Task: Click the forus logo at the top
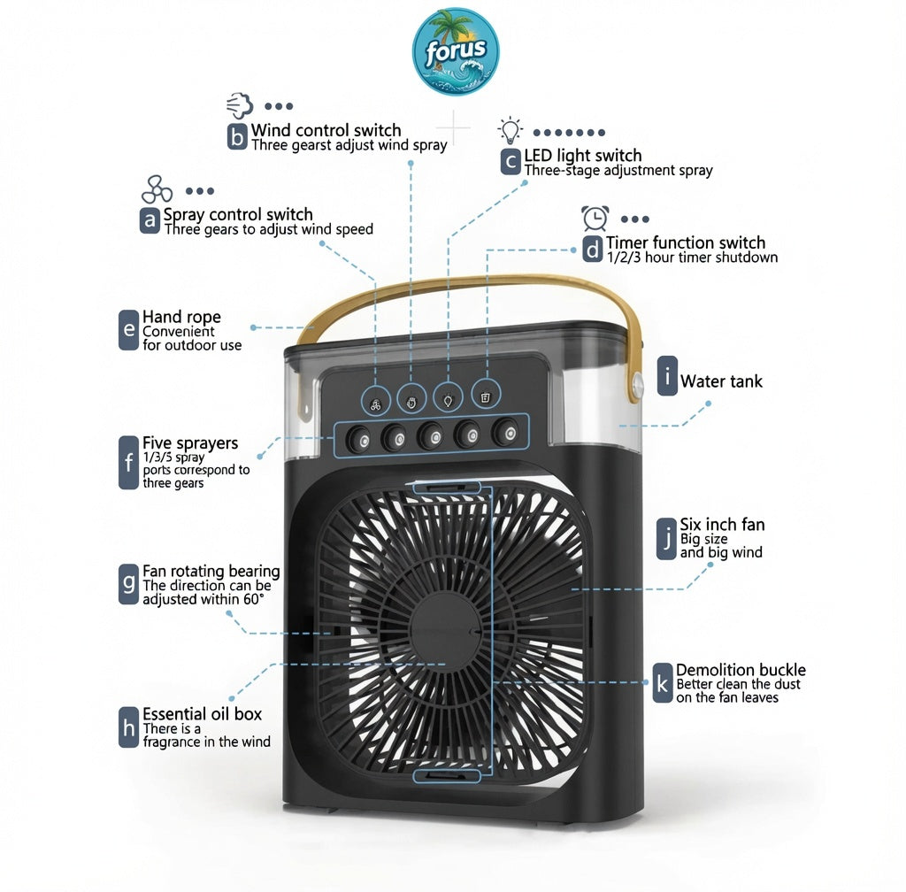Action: pyautogui.click(x=456, y=51)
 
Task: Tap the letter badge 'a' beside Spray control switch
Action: pyautogui.click(x=150, y=220)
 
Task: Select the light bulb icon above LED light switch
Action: pyautogui.click(x=511, y=131)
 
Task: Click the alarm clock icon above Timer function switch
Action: pyautogui.click(x=595, y=218)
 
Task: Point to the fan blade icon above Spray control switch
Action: pyautogui.click(x=157, y=189)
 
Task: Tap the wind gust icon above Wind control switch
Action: pyautogui.click(x=240, y=105)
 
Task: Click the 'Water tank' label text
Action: pyautogui.click(x=721, y=381)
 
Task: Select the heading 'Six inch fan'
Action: pyautogui.click(x=722, y=524)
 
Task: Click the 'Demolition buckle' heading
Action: pyautogui.click(x=741, y=670)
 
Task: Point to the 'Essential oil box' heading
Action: pyautogui.click(x=203, y=714)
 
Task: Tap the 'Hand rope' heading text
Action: pyautogui.click(x=181, y=317)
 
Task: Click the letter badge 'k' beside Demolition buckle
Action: pyautogui.click(x=662, y=683)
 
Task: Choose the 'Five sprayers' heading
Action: pyautogui.click(x=190, y=443)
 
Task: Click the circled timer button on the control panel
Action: pyautogui.click(x=486, y=396)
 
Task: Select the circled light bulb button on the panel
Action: pyautogui.click(x=449, y=398)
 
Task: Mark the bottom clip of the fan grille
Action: pyautogui.click(x=447, y=776)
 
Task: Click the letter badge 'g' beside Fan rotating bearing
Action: pyautogui.click(x=128, y=584)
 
